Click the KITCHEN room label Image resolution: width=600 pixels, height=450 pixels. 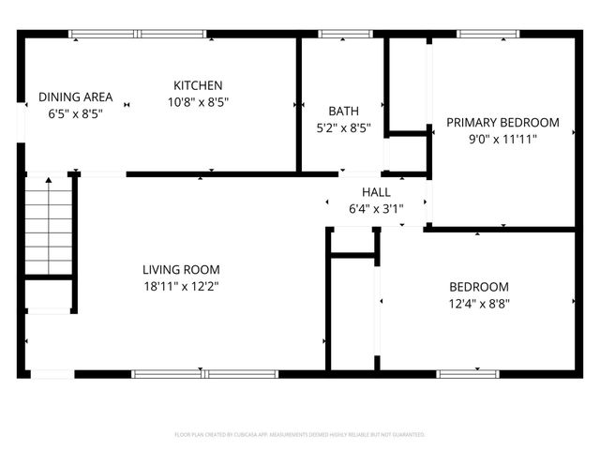[x=198, y=85]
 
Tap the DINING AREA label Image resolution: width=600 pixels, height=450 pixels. [x=75, y=97]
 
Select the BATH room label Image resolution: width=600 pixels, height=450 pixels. [x=342, y=112]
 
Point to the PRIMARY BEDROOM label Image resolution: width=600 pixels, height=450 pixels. [x=502, y=122]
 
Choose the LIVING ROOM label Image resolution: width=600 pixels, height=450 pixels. [x=181, y=269]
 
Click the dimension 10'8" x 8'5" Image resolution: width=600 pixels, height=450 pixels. [x=198, y=101]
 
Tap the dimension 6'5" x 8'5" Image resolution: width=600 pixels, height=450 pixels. [x=75, y=112]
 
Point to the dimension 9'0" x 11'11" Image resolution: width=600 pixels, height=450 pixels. [x=502, y=138]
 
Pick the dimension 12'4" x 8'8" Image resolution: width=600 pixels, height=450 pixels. [x=478, y=303]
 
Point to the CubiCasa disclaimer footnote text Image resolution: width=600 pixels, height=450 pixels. [x=300, y=435]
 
